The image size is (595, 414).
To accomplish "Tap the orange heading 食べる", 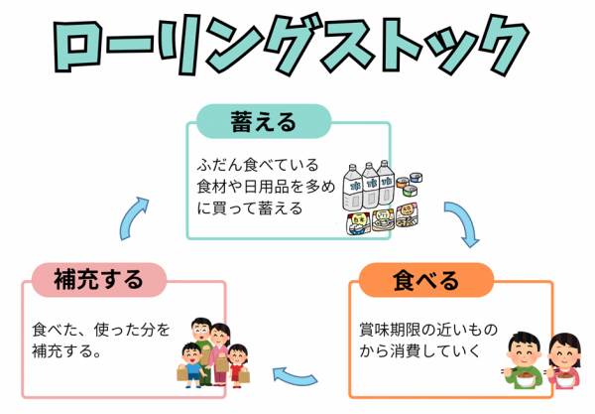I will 426,280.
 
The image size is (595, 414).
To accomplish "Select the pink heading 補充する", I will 97,280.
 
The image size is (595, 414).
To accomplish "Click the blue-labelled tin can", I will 417,178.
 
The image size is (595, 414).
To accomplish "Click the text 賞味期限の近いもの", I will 428,330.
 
